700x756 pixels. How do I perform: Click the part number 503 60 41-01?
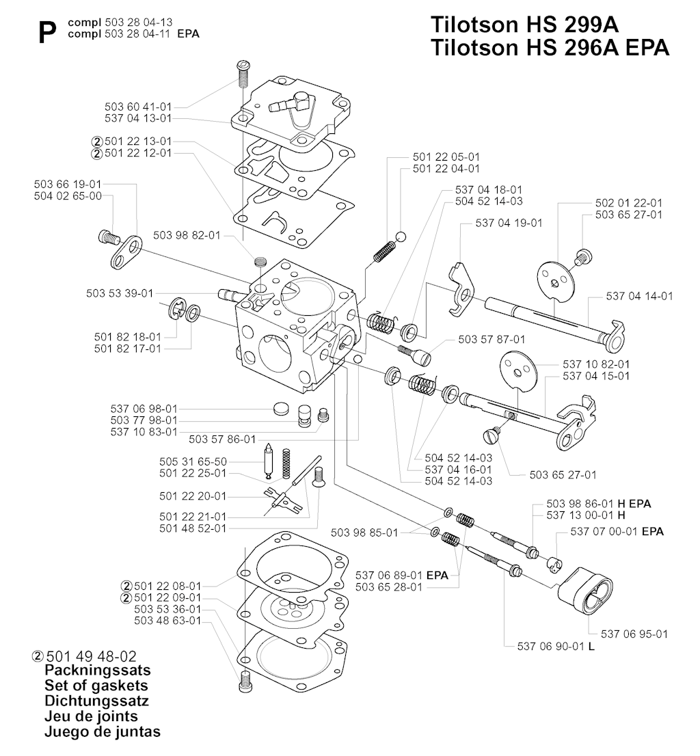point(138,107)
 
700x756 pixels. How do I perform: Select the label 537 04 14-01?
point(639,296)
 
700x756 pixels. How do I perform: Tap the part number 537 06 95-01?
point(634,634)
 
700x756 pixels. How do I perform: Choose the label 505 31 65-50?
point(193,461)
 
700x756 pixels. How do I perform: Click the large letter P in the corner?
point(48,31)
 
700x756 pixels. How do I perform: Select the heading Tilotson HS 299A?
point(524,25)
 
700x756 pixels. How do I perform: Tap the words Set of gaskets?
point(96,685)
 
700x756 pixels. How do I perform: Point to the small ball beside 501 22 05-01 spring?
point(401,237)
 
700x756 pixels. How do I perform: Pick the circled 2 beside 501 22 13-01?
point(96,141)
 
